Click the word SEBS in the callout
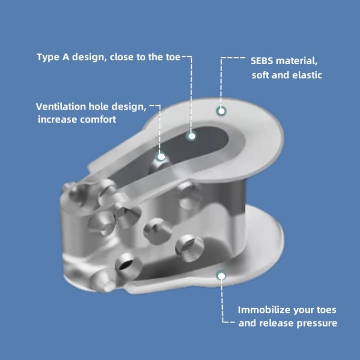tap(262, 61)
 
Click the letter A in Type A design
tap(66, 57)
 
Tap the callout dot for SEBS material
tap(221, 111)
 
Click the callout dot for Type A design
tap(192, 136)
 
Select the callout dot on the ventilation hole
tap(161, 157)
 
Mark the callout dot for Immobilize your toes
tap(221, 276)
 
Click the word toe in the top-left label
tap(173, 57)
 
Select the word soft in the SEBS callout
tap(260, 75)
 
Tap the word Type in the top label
tap(48, 57)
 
